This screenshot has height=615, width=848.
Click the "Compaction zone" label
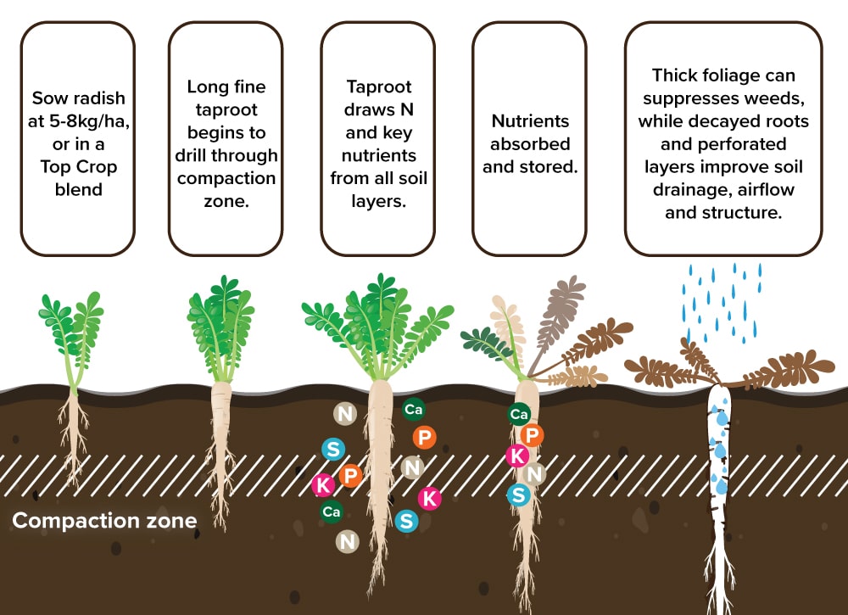click(104, 520)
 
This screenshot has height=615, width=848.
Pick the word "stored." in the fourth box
click(550, 166)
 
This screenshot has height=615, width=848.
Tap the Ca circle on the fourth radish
click(520, 414)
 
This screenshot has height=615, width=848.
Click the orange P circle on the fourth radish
click(533, 435)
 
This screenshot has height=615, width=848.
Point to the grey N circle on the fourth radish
click(534, 474)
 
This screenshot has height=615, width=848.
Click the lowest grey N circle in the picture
click(346, 540)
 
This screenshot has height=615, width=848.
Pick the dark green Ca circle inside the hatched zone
click(332, 512)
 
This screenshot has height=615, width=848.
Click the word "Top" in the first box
click(47, 166)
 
